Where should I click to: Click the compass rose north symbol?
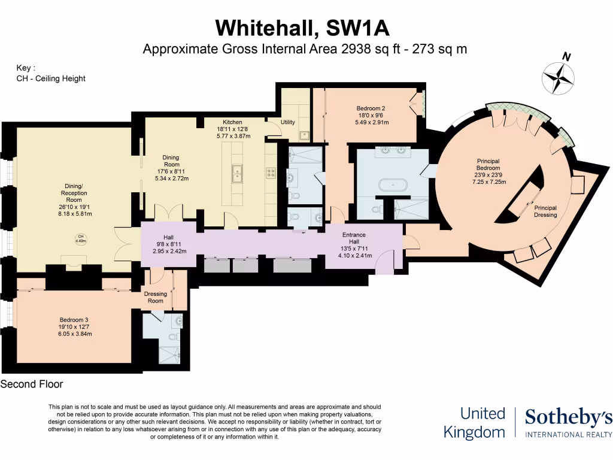click(x=558, y=77)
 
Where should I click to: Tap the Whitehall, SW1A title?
click(x=306, y=28)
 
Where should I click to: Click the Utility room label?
click(x=288, y=122)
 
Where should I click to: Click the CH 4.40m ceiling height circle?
click(x=80, y=239)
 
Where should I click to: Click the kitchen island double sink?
click(x=238, y=172)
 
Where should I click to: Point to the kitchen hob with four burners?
click(x=271, y=172)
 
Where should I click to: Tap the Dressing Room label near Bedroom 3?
click(x=155, y=297)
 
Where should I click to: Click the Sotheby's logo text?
click(x=568, y=417)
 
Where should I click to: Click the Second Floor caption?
click(x=32, y=384)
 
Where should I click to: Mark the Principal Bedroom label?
click(x=488, y=165)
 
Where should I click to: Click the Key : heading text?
click(x=26, y=68)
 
